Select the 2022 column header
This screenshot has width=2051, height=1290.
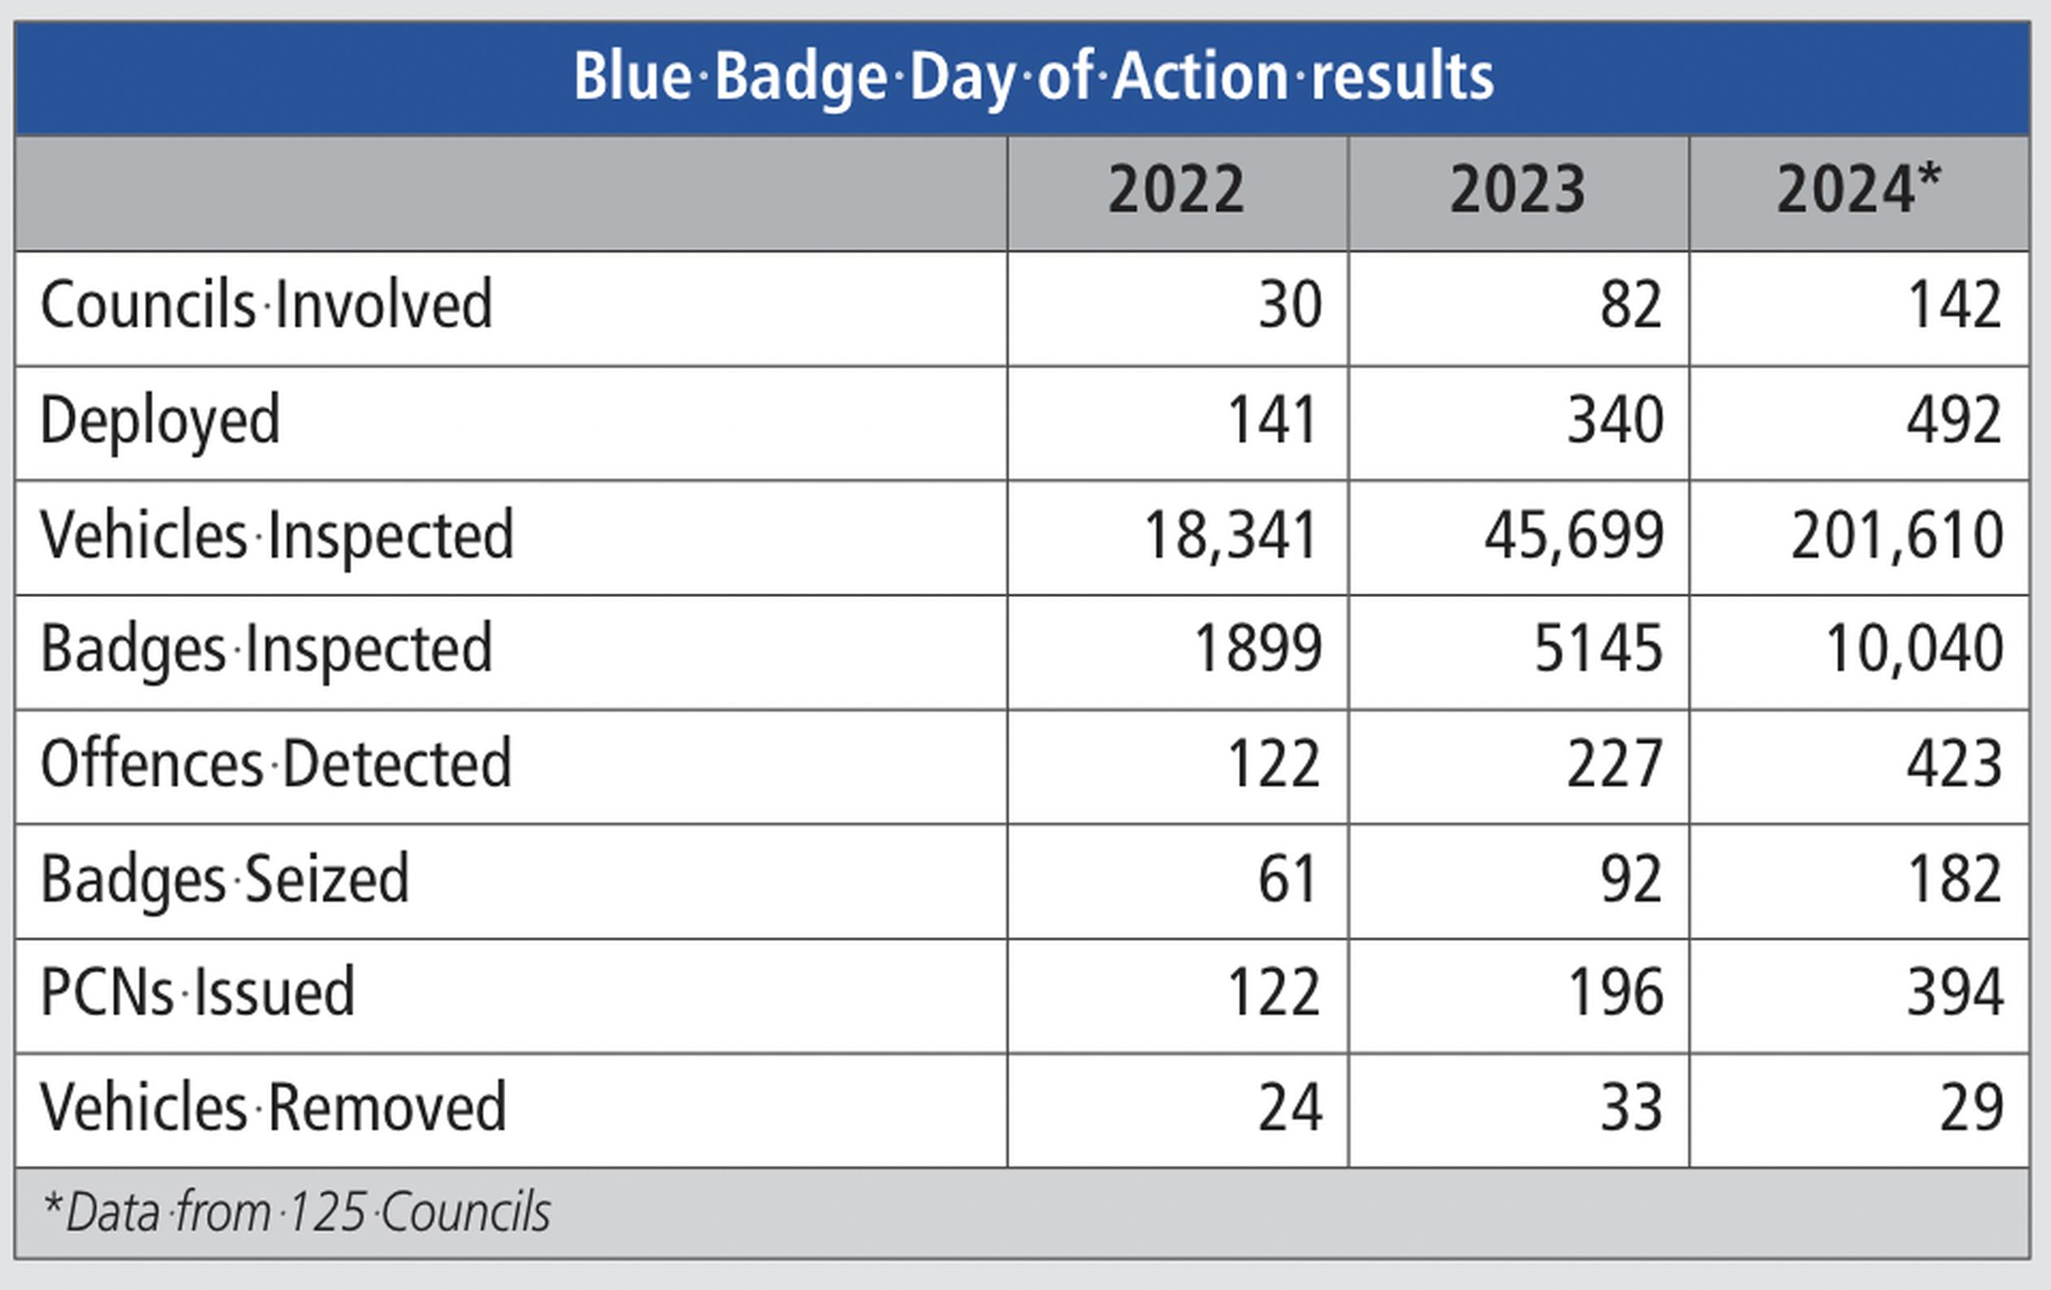(1176, 190)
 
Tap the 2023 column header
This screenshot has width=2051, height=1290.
(1518, 190)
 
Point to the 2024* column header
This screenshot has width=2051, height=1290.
(1859, 188)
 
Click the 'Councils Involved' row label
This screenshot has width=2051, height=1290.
(267, 304)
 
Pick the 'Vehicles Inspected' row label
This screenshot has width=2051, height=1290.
(277, 535)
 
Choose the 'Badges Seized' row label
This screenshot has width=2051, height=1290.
(225, 879)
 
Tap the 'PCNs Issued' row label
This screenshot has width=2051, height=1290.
(198, 993)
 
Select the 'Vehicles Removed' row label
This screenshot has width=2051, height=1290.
(273, 1107)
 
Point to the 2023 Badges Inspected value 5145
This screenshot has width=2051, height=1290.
(1598, 649)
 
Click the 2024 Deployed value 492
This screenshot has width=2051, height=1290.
(1954, 420)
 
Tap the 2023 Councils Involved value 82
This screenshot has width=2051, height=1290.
(1631, 304)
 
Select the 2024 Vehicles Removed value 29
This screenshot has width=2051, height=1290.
(1972, 1108)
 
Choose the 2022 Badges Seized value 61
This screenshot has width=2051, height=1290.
(1288, 879)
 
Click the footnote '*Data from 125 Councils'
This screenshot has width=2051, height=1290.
(296, 1213)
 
